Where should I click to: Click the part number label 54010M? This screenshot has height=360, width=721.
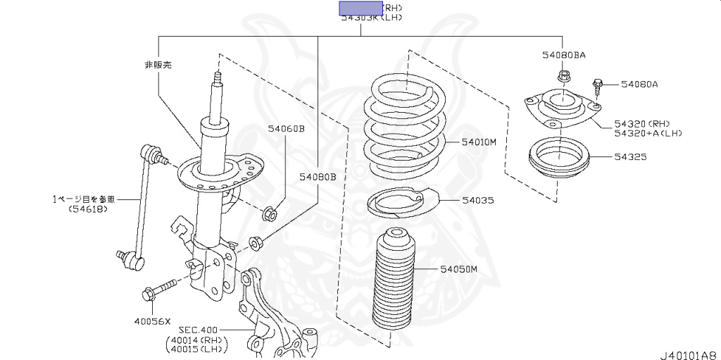[x=479, y=142]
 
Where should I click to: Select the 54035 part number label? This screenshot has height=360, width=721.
[x=478, y=200]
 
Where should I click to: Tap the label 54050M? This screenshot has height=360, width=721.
[x=459, y=268]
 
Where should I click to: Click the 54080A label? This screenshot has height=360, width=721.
[x=639, y=85]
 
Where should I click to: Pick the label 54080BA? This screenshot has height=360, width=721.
[x=564, y=54]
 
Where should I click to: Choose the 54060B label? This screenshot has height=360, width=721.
[x=286, y=129]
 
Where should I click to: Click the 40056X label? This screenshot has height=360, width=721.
[x=153, y=321]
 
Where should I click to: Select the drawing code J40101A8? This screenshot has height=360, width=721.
[x=688, y=354]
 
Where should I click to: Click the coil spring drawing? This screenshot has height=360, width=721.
[x=405, y=131]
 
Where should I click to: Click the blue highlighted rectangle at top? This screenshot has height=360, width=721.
[x=360, y=8]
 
